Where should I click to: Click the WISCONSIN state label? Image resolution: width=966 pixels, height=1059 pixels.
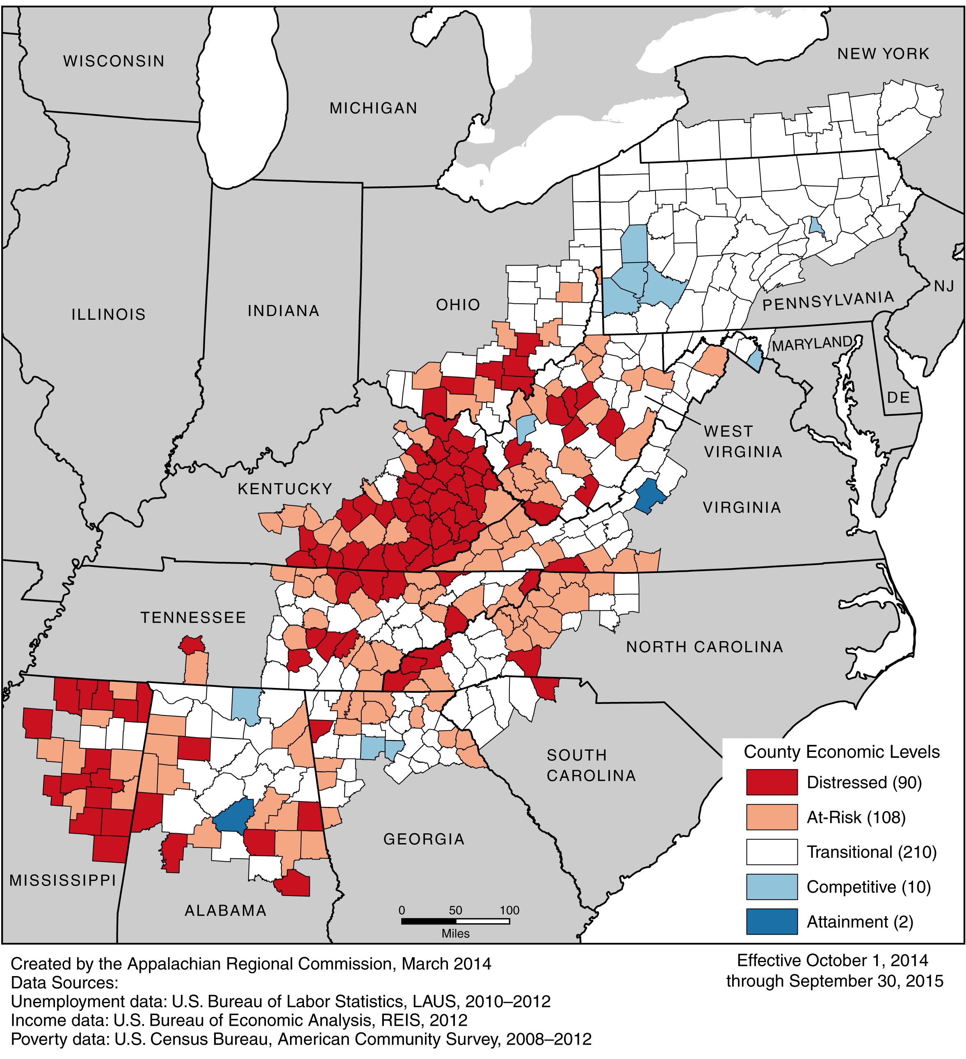[x=114, y=62]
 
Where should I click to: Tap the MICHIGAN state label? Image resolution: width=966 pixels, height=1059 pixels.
[x=373, y=108]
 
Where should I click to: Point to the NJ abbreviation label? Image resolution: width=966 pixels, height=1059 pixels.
[x=944, y=286]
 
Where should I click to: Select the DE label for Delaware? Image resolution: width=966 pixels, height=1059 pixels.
[x=898, y=397]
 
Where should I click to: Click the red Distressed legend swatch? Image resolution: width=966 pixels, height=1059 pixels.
[x=771, y=782]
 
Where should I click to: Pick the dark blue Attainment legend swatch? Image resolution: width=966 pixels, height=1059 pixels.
[x=771, y=921]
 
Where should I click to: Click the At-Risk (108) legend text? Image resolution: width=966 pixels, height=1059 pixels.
[x=856, y=817]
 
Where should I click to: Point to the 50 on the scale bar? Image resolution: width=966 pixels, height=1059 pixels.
[x=455, y=910]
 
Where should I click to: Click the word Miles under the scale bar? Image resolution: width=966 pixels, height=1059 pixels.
[x=455, y=933]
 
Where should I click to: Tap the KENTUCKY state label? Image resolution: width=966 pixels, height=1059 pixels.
[x=285, y=489]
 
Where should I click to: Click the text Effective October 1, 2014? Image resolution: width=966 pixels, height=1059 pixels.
[x=832, y=960]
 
